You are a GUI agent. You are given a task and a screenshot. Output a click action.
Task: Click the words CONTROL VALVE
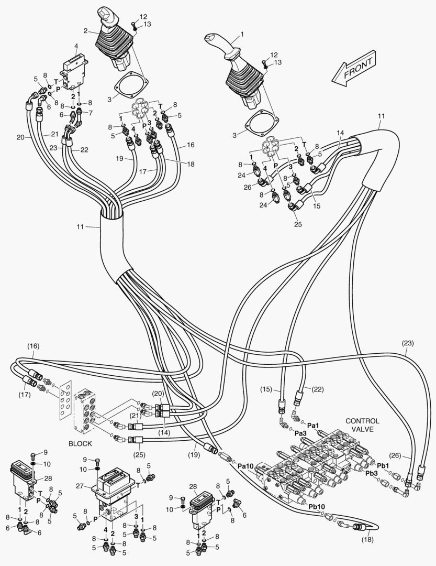click(x=362, y=425)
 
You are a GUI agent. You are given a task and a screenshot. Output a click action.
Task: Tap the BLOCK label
click(x=80, y=443)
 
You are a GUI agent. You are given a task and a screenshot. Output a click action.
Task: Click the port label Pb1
click(x=383, y=465)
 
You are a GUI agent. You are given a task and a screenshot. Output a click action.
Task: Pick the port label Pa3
click(x=300, y=433)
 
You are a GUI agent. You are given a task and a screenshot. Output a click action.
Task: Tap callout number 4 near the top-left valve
click(x=76, y=46)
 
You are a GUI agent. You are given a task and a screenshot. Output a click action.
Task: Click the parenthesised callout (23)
click(x=408, y=344)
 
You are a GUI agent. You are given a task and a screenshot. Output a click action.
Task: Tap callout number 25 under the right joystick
click(x=297, y=224)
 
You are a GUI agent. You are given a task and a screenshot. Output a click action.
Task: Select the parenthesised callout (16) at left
click(x=33, y=347)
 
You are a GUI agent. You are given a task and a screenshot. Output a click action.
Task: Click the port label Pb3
click(x=371, y=474)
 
